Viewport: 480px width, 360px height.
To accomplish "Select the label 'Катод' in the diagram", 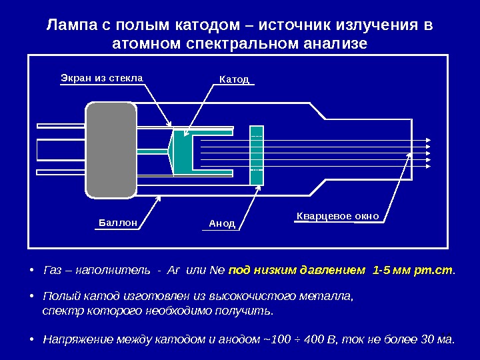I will [234, 79].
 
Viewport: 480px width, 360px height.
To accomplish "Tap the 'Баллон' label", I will [118, 223].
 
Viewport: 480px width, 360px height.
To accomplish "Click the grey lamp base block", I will [111, 151].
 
